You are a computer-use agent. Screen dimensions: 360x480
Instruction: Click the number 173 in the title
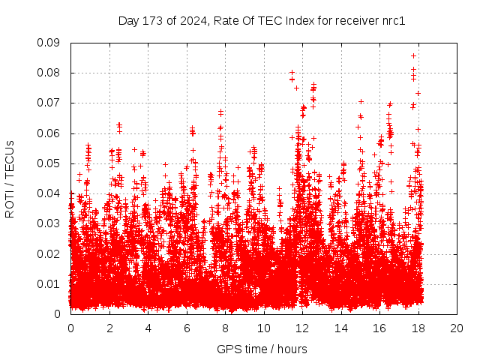(151, 21)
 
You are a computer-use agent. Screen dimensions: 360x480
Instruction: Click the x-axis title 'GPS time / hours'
(262, 349)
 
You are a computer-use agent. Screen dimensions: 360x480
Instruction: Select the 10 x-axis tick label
(264, 328)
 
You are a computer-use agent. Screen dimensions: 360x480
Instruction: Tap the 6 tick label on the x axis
(187, 328)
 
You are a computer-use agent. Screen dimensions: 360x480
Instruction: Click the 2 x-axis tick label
(109, 328)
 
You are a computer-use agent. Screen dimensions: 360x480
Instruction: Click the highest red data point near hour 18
(413, 55)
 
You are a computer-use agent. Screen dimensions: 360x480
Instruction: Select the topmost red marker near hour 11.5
(292, 73)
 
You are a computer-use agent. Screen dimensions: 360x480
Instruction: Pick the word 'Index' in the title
(301, 21)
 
